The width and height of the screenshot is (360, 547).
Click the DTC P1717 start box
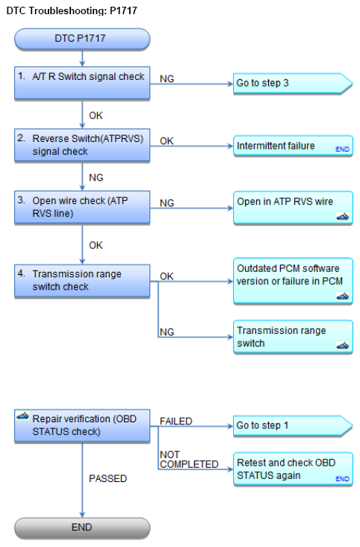click(x=82, y=38)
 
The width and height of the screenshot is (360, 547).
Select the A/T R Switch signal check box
click(x=82, y=83)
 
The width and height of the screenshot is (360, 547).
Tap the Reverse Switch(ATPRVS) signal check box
click(x=82, y=145)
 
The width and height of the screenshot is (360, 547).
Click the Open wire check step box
click(x=82, y=207)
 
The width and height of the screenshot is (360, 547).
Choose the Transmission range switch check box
click(x=82, y=280)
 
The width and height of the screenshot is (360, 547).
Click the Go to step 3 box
click(x=292, y=84)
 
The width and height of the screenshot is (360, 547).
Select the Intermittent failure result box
click(x=293, y=146)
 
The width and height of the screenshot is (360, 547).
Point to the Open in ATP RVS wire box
click(x=293, y=208)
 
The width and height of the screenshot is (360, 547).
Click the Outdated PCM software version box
click(x=293, y=281)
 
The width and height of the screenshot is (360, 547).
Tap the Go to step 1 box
click(x=292, y=426)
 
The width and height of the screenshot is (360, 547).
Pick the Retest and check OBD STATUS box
click(x=293, y=469)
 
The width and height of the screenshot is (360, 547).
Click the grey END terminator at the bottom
click(x=82, y=528)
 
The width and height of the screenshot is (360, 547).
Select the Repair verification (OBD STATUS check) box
click(x=82, y=426)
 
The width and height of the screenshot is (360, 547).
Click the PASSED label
click(x=108, y=478)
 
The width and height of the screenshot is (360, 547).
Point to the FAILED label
click(x=176, y=421)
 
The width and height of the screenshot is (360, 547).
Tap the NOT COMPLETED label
click(x=189, y=460)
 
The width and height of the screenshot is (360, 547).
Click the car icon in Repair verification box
click(x=22, y=415)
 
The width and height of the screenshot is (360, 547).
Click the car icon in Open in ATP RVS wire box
click(x=342, y=217)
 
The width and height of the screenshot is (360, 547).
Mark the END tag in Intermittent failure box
click(x=342, y=149)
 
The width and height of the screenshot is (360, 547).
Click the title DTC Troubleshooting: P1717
click(x=72, y=10)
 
